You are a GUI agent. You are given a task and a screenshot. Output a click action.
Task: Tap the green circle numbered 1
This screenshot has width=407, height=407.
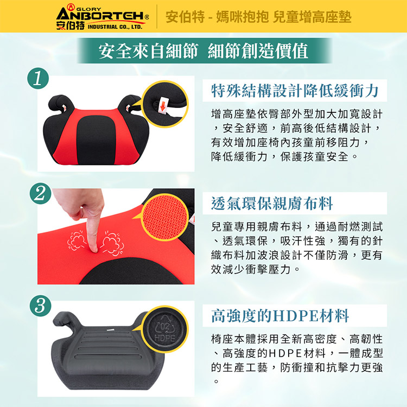pyautogui.click(x=38, y=78)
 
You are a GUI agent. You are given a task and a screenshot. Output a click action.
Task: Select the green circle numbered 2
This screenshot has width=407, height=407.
pyautogui.click(x=41, y=193)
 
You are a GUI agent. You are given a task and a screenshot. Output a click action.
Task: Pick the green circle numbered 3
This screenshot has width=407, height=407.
pyautogui.click(x=41, y=306)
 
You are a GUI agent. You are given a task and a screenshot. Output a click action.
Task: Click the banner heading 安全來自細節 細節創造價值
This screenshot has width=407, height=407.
pyautogui.click(x=203, y=51)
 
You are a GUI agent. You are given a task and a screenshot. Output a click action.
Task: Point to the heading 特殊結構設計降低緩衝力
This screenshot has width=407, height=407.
pyautogui.click(x=295, y=91)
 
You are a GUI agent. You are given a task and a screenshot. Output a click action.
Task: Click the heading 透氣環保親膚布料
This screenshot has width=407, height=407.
pyautogui.click(x=272, y=203)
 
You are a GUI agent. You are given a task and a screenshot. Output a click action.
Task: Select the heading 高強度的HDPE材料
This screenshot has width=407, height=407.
pyautogui.click(x=280, y=316)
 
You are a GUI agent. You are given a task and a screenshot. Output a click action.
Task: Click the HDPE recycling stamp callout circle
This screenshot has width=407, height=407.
pyautogui.click(x=165, y=329)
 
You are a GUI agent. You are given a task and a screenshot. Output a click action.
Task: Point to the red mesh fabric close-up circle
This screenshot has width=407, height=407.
pyautogui.click(x=164, y=217)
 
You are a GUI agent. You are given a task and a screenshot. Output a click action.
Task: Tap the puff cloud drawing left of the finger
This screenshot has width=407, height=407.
pyautogui.click(x=76, y=240)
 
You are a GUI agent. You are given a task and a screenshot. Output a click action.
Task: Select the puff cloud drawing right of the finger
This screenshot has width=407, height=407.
pyautogui.click(x=112, y=243)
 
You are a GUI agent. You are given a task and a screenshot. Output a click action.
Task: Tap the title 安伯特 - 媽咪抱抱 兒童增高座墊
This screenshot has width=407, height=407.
pyautogui.click(x=258, y=17)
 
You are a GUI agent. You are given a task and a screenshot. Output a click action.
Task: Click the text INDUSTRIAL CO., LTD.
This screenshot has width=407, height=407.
pyautogui.click(x=115, y=27)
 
